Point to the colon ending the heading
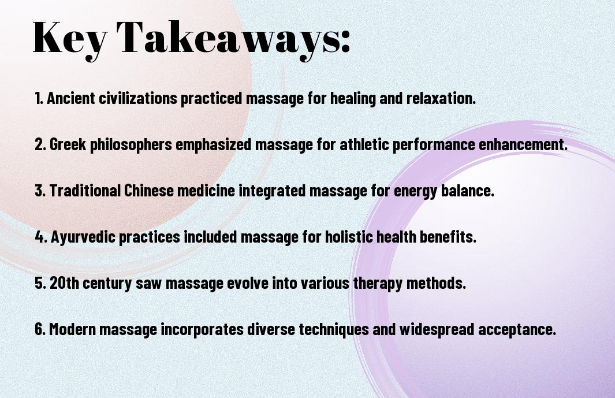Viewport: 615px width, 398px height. pos(345,42)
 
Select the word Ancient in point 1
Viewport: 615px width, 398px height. pos(71,98)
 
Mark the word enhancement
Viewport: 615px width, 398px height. pos(523,144)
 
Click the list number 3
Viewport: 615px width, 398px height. pos(39,191)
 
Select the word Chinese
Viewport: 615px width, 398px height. pos(148,191)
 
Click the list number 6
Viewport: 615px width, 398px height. pos(39,329)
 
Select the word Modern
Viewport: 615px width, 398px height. pos(73,329)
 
